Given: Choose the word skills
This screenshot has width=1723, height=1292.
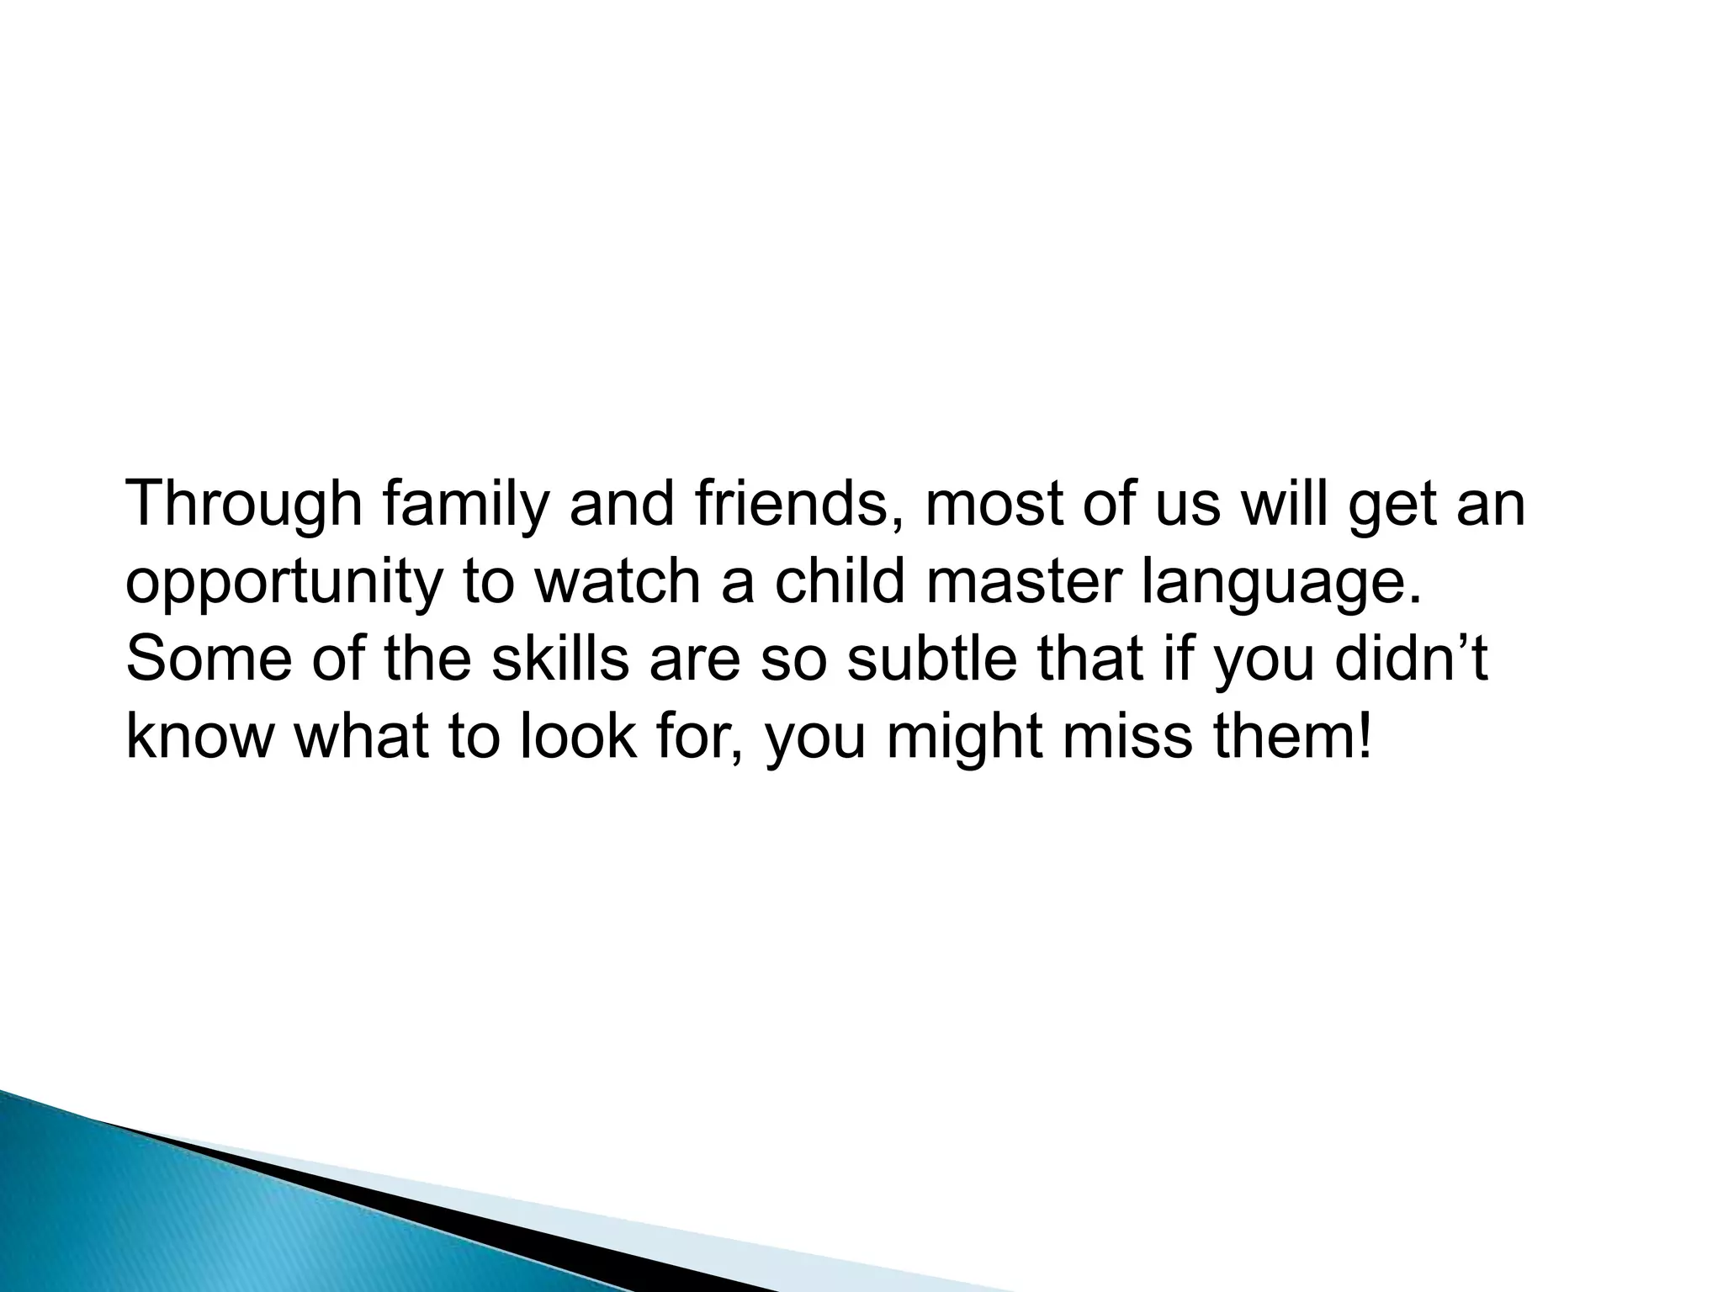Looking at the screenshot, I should coord(560,659).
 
